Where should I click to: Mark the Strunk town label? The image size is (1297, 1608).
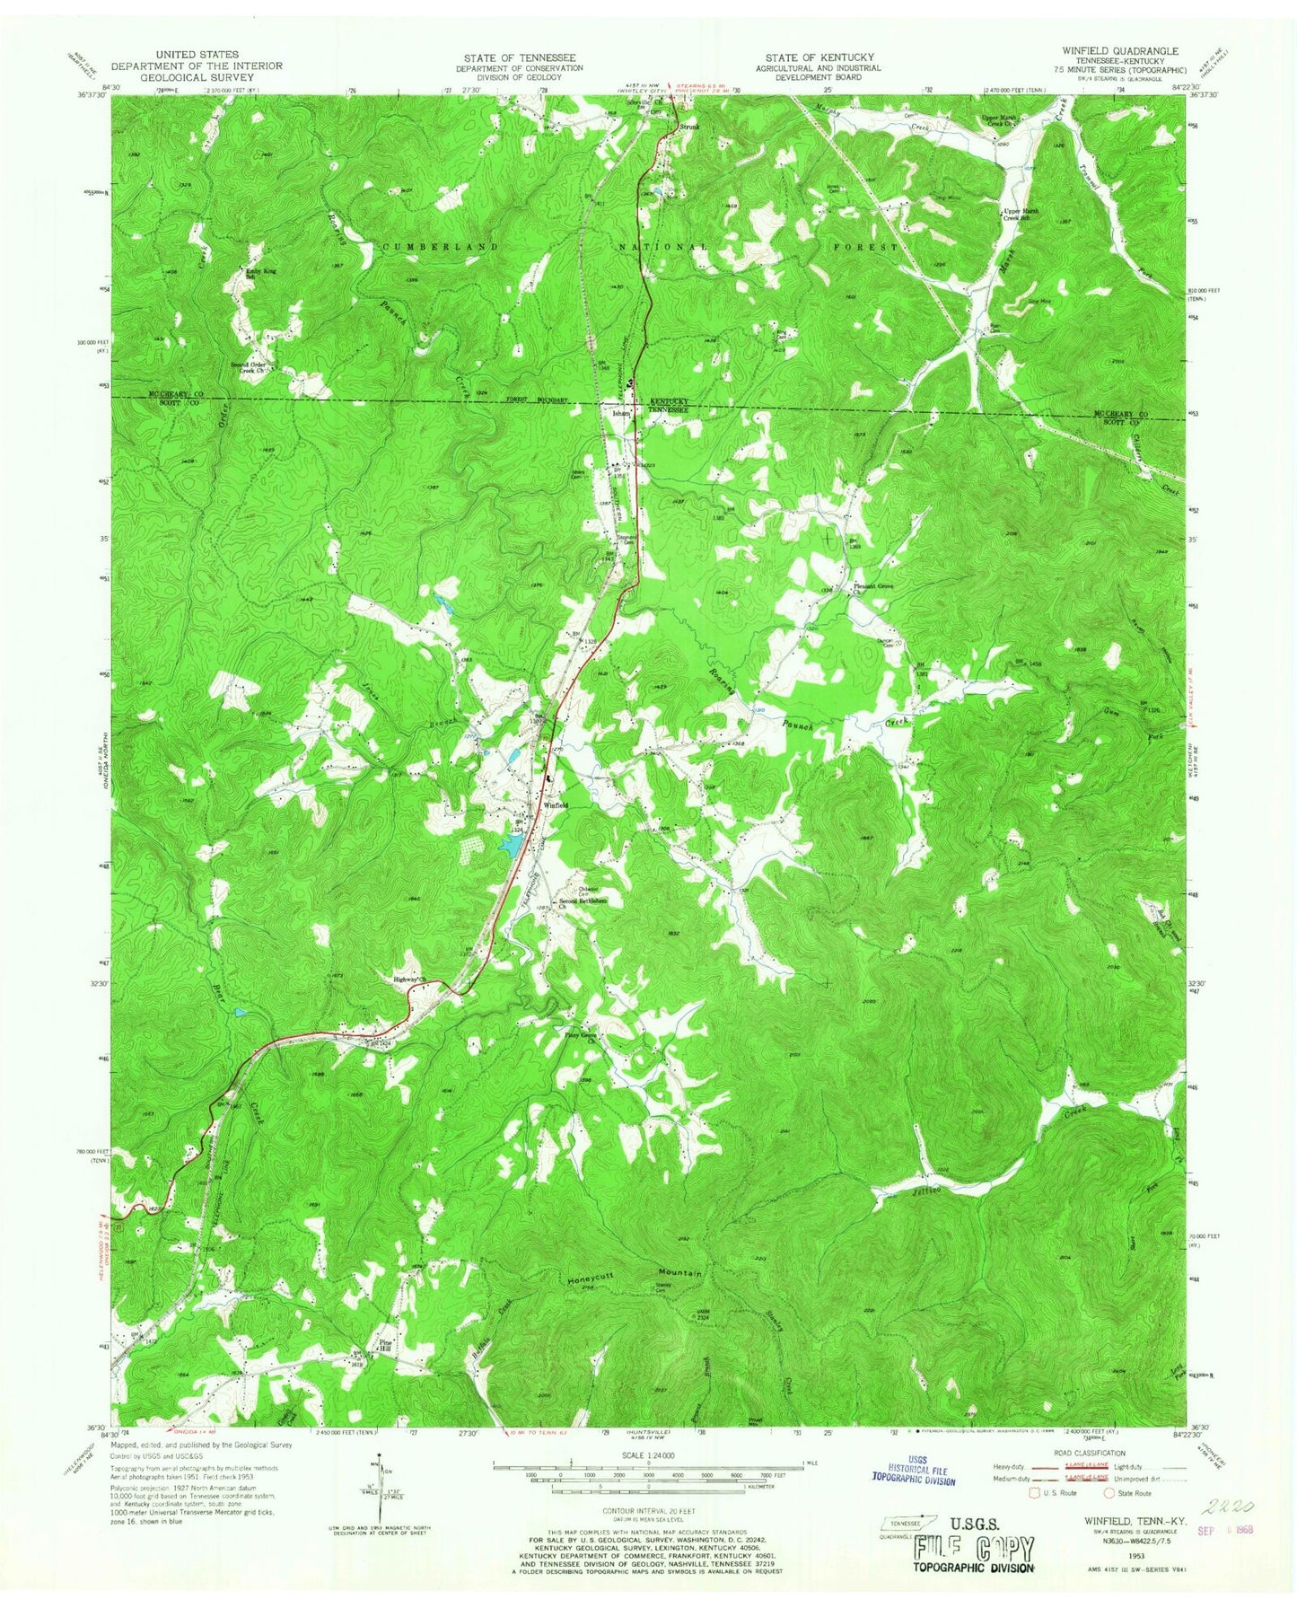(688, 127)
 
